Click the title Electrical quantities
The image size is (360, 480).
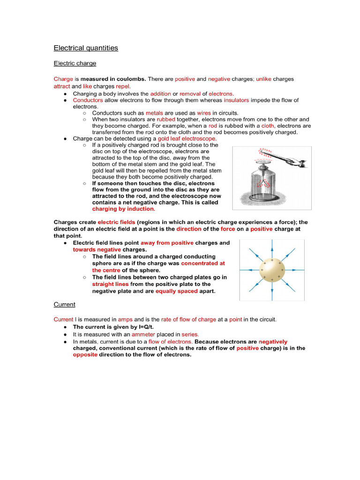[x=86, y=48]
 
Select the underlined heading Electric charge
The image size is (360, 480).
[x=75, y=63]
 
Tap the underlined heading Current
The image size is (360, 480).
[x=64, y=305]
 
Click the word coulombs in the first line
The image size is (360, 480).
[x=132, y=79]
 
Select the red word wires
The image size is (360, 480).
[x=203, y=113]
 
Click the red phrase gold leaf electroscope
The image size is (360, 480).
[x=187, y=139]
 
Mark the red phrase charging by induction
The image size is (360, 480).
[x=123, y=209]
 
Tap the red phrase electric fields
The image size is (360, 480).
[x=116, y=222]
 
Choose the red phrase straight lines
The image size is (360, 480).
[x=110, y=284]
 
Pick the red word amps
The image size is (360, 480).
[x=125, y=320]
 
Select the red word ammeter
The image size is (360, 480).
[x=143, y=335]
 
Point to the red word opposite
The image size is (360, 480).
[x=85, y=355]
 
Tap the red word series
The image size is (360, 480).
[x=190, y=335]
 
